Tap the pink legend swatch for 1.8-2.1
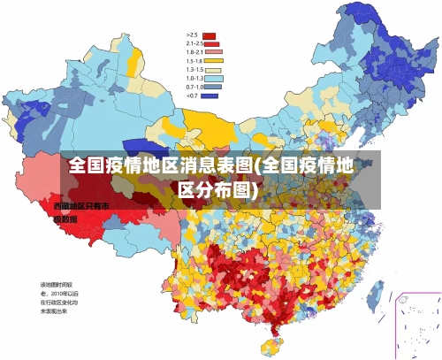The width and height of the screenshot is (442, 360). click(210, 52)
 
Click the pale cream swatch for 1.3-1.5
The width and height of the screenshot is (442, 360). click(213, 70)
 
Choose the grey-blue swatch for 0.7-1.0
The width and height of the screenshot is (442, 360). click(213, 87)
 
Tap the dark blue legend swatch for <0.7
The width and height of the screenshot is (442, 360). click(210, 96)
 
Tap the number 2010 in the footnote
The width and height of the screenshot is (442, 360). click(60, 293)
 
